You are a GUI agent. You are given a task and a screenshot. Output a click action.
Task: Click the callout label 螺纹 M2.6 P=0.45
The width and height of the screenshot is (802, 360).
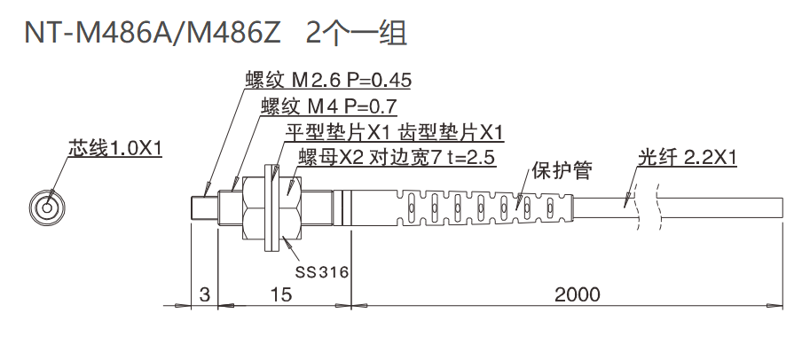[x=328, y=81]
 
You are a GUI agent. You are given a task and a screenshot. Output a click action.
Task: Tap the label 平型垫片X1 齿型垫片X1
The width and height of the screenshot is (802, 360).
[x=393, y=132]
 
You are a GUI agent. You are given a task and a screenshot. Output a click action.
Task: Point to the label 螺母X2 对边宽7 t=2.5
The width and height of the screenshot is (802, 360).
[x=397, y=158]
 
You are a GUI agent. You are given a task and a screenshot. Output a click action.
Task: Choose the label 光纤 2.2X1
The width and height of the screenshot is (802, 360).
[x=688, y=159]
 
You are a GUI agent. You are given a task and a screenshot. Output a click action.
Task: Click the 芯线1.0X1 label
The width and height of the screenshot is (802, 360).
[x=114, y=148]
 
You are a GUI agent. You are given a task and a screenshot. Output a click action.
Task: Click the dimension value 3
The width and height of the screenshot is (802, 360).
[x=205, y=294]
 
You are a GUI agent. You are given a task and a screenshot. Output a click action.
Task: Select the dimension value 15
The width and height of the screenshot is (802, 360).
[x=280, y=294]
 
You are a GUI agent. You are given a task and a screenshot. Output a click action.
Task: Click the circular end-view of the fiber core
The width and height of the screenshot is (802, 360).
[x=45, y=207]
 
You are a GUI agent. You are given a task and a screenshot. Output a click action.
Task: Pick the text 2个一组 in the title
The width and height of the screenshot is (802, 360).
[x=356, y=34]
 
